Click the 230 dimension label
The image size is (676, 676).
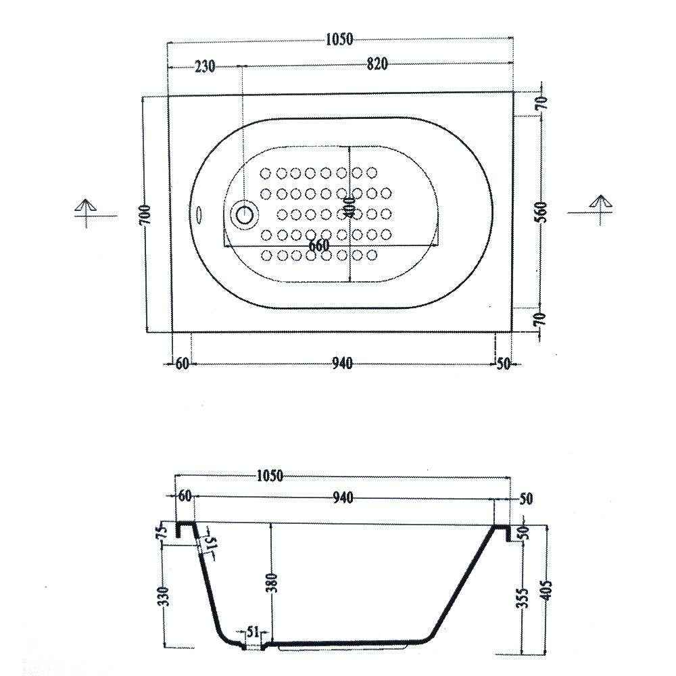tap(205, 67)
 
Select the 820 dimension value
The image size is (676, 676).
tap(377, 64)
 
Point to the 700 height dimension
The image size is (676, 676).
tap(146, 214)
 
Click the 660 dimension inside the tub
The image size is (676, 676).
tap(319, 246)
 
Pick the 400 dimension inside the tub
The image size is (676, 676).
tap(349, 207)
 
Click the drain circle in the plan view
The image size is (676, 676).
tap(245, 214)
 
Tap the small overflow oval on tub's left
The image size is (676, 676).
tap(199, 214)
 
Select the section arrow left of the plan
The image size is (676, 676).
tap(86, 212)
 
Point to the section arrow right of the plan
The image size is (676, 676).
tap(600, 210)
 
